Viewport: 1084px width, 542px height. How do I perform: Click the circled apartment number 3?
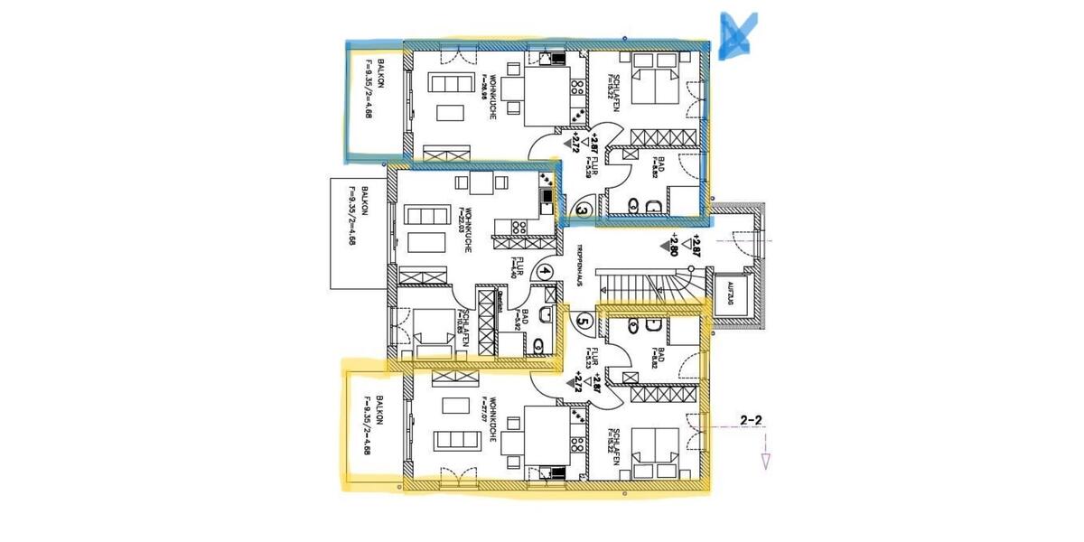pos(583,211)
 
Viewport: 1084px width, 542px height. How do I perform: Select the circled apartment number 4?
pos(546,269)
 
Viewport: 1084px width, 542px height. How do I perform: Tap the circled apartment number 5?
pos(583,319)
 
